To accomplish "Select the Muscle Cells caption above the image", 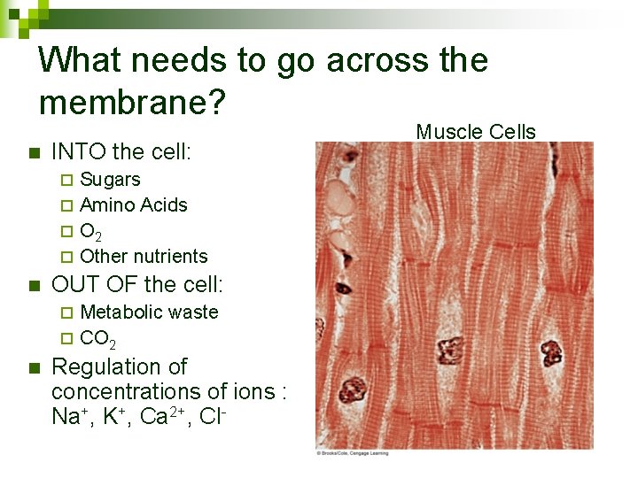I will pyautogui.click(x=476, y=132).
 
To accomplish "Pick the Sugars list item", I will pyautogui.click(x=110, y=179).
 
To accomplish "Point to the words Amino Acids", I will pyautogui.click(x=134, y=204).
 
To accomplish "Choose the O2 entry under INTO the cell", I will pyautogui.click(x=90, y=232).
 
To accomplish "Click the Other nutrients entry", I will pyautogui.click(x=144, y=257).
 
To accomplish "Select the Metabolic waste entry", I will pyautogui.click(x=149, y=312).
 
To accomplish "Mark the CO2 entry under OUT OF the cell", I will pyautogui.click(x=97, y=338).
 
